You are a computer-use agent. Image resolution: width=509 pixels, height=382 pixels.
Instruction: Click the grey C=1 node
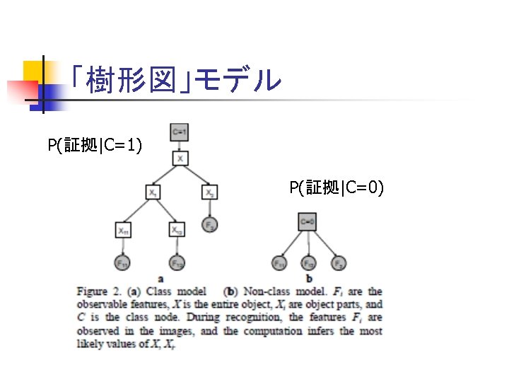click(x=180, y=131)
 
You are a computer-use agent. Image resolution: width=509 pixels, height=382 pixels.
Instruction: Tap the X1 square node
click(x=154, y=192)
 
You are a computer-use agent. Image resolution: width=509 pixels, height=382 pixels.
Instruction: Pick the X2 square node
click(x=209, y=192)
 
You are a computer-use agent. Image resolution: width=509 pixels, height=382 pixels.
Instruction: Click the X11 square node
click(x=124, y=230)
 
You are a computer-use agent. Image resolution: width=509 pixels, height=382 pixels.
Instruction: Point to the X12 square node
click(x=177, y=230)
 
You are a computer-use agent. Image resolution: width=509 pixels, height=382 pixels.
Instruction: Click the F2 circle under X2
click(x=209, y=225)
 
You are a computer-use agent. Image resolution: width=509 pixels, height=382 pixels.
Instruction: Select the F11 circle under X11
click(x=123, y=262)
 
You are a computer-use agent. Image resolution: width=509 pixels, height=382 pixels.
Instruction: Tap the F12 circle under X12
click(x=177, y=262)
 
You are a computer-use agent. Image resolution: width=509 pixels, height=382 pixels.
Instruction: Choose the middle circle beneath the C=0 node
click(x=309, y=262)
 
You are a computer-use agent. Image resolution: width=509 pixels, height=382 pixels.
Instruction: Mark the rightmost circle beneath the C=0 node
click(x=339, y=262)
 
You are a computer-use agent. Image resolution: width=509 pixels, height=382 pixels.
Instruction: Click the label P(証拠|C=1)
click(x=95, y=146)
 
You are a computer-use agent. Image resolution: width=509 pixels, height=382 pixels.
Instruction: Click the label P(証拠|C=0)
click(x=337, y=187)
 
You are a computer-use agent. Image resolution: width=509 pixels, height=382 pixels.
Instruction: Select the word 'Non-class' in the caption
click(x=262, y=291)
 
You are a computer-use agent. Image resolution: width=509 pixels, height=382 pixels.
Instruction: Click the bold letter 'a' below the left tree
click(x=161, y=278)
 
